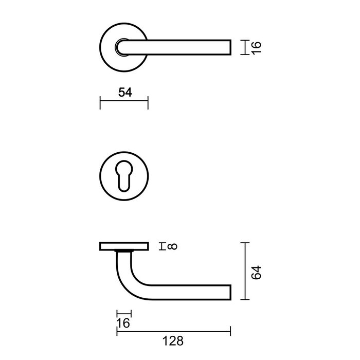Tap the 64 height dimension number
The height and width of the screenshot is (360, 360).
(x=258, y=272)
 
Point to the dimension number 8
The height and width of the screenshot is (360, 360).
(x=172, y=246)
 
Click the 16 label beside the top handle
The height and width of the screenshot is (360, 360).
(x=257, y=47)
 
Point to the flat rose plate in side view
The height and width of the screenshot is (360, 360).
(x=123, y=246)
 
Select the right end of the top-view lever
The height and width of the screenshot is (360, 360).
(x=229, y=47)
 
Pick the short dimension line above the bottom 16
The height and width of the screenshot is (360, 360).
(x=124, y=313)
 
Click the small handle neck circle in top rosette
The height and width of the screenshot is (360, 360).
(x=123, y=47)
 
